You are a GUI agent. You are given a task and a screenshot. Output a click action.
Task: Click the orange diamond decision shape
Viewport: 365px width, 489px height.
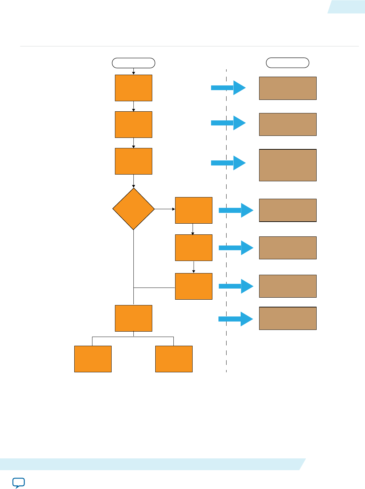point(133,209)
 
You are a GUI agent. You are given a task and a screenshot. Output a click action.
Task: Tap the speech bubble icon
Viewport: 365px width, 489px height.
point(18,483)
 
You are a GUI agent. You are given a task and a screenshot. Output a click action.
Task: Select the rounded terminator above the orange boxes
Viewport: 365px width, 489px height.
point(133,63)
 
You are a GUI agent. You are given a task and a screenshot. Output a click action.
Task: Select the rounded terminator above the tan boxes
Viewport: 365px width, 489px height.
point(287,63)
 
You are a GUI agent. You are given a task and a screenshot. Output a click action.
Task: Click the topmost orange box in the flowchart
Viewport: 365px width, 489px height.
point(133,88)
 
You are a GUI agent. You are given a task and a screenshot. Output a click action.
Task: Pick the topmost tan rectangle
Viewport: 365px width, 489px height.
point(288,88)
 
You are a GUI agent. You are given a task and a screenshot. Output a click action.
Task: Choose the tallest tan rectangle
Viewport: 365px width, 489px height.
point(288,165)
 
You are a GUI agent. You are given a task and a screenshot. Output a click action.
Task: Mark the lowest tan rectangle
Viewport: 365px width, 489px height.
point(288,318)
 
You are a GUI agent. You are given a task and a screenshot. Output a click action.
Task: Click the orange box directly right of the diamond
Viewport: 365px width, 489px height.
point(194,210)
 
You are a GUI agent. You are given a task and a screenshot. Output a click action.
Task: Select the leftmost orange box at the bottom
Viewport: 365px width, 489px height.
point(93,359)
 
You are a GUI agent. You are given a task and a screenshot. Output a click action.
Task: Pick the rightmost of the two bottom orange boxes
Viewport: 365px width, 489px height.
point(174,359)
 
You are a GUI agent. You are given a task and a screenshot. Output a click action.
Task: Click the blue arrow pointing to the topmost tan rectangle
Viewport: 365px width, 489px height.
point(228,88)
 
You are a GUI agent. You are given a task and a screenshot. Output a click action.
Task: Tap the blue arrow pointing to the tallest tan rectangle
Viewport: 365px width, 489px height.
point(228,163)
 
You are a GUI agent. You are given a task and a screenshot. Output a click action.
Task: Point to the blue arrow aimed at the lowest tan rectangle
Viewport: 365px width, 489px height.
point(236,319)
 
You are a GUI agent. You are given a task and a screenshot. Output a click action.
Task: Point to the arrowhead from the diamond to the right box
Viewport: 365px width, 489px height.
point(173,209)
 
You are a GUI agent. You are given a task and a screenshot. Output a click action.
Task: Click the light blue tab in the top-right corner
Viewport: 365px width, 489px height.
point(347,7)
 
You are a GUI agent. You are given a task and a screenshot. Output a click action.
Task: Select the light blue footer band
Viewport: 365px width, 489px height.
point(151,464)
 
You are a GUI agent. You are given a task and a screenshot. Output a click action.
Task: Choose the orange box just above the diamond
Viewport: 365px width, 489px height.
point(133,161)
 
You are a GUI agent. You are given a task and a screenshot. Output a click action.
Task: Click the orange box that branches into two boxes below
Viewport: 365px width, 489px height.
point(133,318)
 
